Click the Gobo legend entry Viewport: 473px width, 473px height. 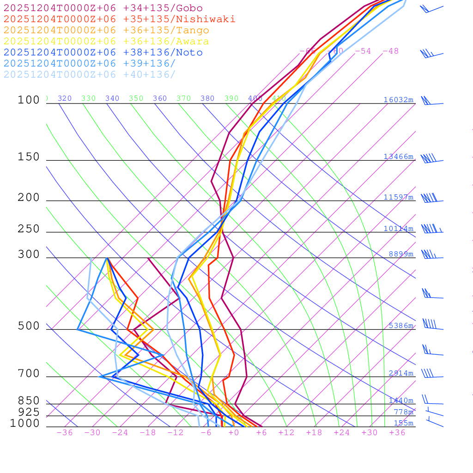[x=103, y=8]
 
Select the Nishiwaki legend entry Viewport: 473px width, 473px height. [x=119, y=19]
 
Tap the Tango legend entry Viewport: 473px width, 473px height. [x=106, y=30]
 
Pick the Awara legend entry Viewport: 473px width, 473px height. [x=106, y=42]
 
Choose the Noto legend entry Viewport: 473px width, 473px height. [x=103, y=53]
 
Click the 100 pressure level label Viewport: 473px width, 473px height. [x=29, y=100]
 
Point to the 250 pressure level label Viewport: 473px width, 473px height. [x=29, y=229]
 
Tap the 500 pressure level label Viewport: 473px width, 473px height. [x=29, y=327]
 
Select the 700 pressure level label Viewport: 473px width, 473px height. [x=29, y=374]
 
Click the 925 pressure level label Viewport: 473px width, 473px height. [x=29, y=412]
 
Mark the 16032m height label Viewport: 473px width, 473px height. [x=398, y=100]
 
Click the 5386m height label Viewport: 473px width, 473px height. [x=400, y=326]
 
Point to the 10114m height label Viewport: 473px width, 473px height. [x=398, y=229]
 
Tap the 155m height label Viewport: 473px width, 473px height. [x=403, y=423]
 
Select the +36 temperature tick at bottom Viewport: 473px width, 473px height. [x=397, y=432]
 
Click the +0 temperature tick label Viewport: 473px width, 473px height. [x=233, y=432]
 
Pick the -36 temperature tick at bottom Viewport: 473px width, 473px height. [x=64, y=432]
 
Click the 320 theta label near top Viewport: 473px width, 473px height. [x=65, y=98]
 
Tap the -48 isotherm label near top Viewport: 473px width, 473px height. [x=390, y=51]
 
